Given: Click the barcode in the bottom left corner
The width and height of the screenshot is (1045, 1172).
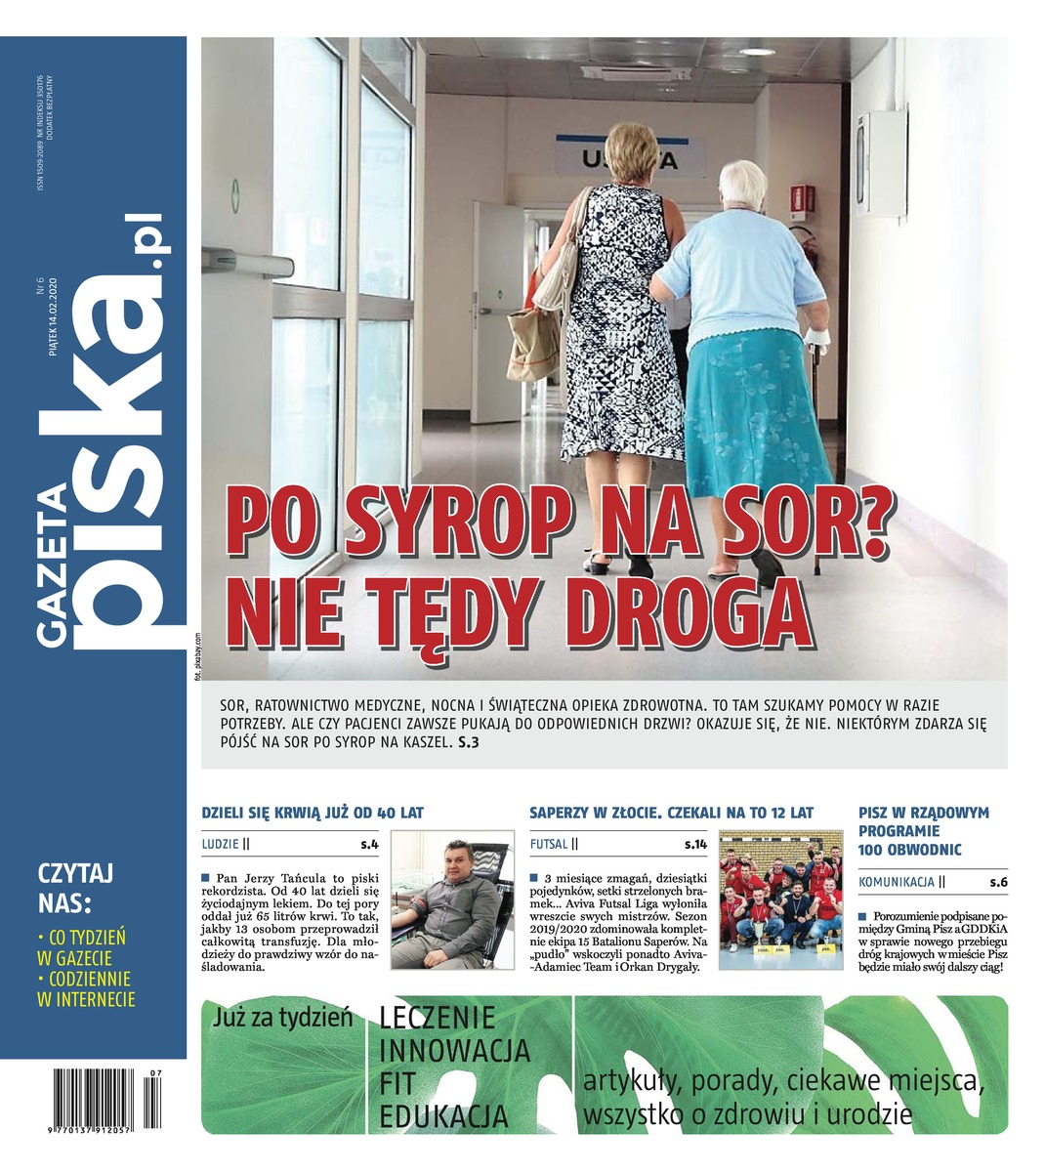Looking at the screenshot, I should point(102,1099).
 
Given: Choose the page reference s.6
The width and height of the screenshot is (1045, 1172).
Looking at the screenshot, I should point(997,882).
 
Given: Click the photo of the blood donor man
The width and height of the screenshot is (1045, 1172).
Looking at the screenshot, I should point(452,900).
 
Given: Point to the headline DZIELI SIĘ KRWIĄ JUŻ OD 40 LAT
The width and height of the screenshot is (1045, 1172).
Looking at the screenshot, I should point(313,813).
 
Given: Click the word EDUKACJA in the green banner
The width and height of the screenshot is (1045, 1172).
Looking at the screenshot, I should point(444,1116).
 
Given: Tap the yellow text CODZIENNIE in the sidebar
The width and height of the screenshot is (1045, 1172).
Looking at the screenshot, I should point(88,978).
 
